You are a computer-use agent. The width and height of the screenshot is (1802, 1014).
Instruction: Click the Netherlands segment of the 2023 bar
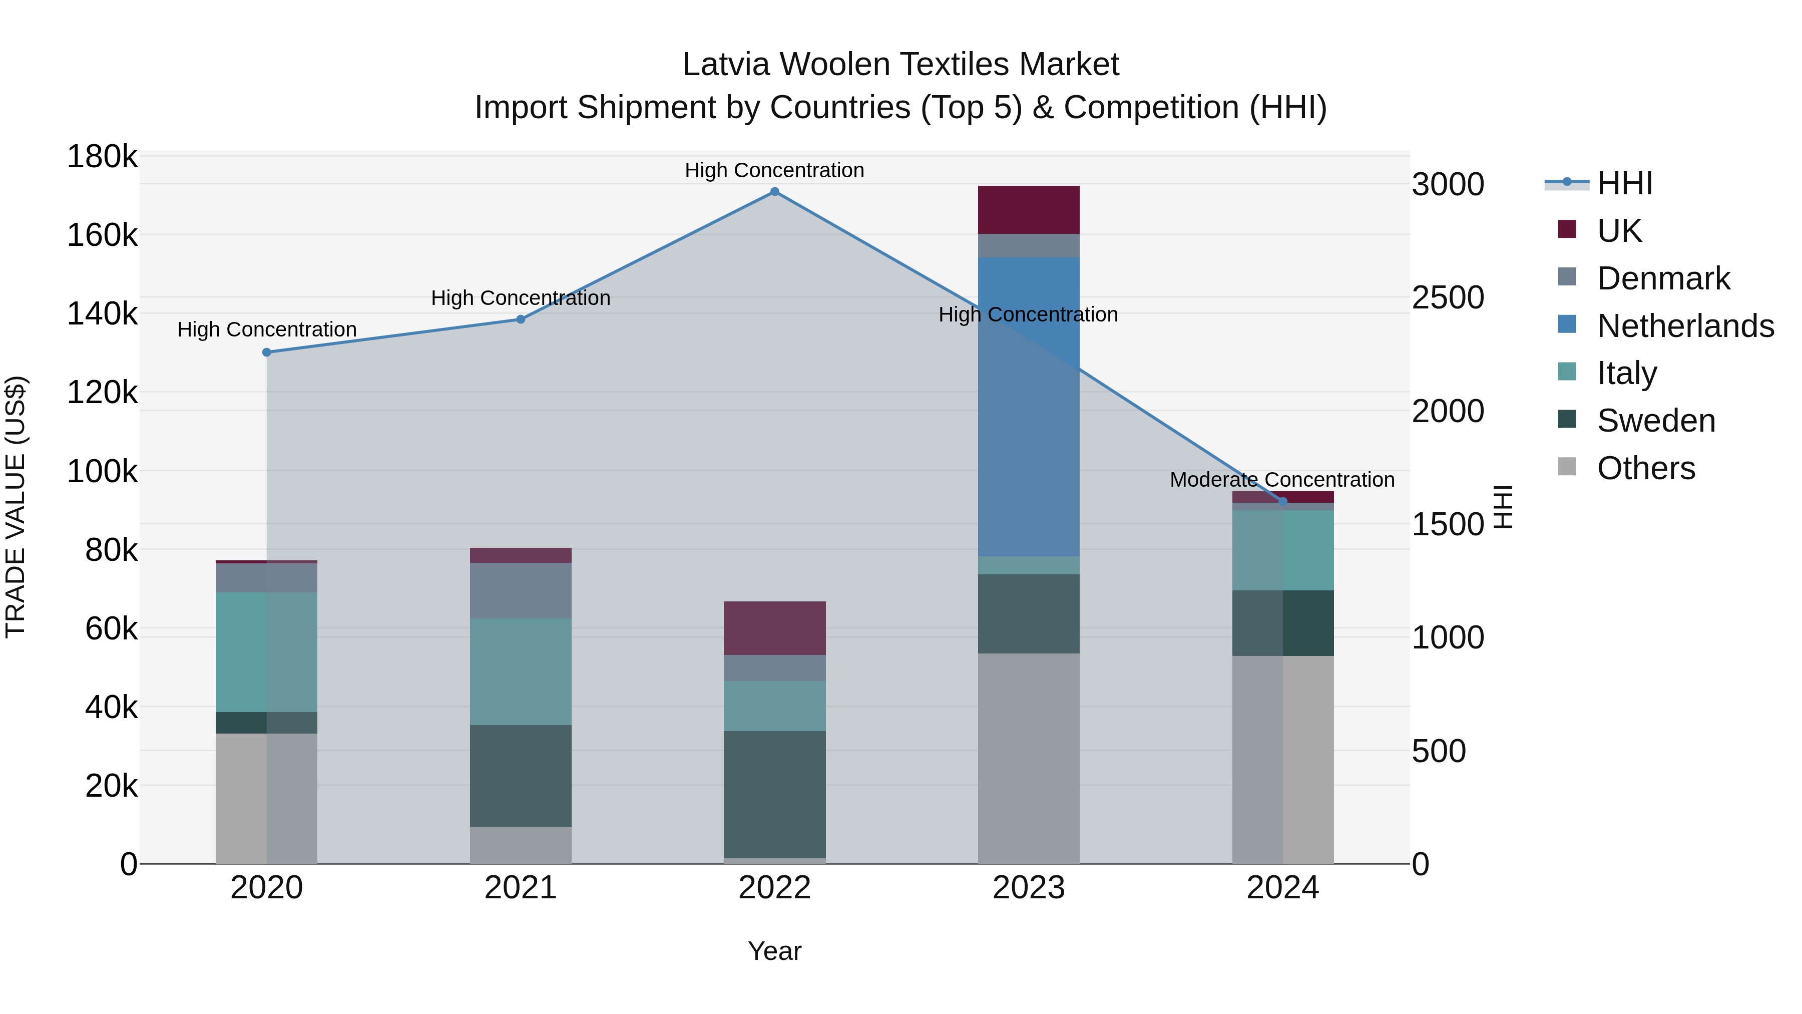[1028, 406]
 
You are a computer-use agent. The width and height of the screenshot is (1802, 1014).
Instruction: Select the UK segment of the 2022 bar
[774, 628]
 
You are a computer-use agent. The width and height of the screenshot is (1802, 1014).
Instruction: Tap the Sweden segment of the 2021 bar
[521, 775]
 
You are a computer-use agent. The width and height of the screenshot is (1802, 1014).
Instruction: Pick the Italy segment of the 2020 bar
[266, 651]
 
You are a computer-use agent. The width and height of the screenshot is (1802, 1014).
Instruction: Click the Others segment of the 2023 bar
[1028, 758]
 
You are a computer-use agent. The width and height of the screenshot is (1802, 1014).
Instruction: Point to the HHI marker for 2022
[774, 192]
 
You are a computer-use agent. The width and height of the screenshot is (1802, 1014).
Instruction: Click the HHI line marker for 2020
[266, 352]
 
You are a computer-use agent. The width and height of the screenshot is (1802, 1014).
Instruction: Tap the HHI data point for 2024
[1282, 501]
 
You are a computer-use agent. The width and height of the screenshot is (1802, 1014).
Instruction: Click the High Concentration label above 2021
[521, 298]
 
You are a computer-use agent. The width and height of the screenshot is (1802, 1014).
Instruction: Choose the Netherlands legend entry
[1684, 326]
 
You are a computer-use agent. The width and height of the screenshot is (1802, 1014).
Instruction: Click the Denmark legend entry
[1663, 278]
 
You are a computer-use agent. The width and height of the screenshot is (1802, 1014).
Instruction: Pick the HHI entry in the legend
[1624, 183]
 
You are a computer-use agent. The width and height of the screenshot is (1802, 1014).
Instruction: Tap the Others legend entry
[1645, 468]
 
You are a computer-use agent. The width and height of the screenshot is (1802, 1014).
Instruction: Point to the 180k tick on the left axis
[102, 157]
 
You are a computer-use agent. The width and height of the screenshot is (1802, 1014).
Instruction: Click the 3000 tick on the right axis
[1447, 185]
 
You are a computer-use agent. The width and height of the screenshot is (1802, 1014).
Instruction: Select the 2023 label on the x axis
[1028, 888]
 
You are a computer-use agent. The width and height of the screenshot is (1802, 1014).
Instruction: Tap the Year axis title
[774, 951]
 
